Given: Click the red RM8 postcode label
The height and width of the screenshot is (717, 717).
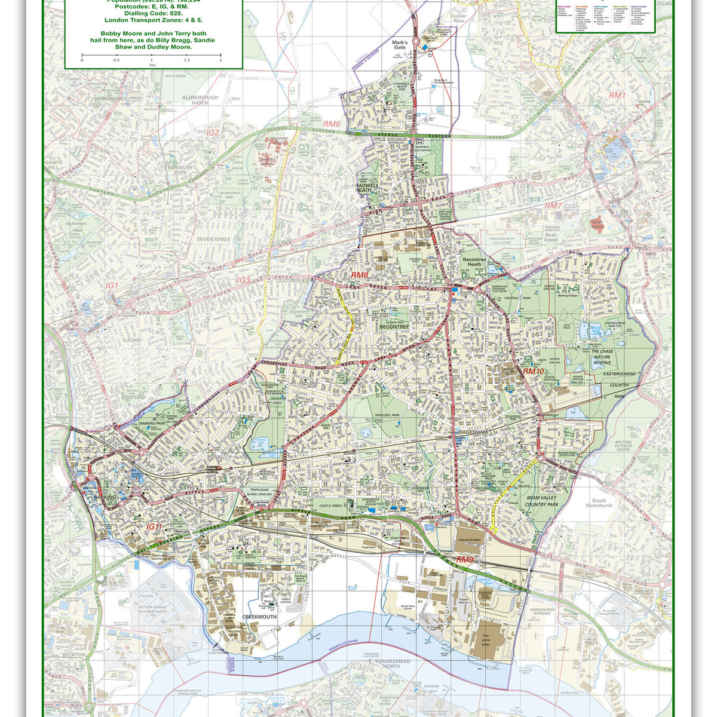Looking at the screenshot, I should coord(360,275).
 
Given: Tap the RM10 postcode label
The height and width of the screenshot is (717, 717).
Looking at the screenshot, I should coord(534,371).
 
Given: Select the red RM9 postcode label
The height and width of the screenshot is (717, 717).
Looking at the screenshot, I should coord(465,560).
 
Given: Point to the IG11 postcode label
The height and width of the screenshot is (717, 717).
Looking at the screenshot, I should coord(155,526).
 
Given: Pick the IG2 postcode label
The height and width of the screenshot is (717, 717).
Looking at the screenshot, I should coord(213,133).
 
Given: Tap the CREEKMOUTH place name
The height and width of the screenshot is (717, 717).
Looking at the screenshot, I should coord(259,616).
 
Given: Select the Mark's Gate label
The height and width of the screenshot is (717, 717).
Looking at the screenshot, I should coord(400,46).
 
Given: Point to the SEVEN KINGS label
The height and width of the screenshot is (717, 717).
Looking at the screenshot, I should coord(213,240).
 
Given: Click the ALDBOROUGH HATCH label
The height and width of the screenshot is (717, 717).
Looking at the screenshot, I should coord(200,100).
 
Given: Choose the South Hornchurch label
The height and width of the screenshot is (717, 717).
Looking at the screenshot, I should coord(598,503).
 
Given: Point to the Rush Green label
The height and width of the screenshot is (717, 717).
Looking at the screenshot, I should coord(551,238).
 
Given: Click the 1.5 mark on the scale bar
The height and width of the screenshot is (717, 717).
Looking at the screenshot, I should coord(186,60).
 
